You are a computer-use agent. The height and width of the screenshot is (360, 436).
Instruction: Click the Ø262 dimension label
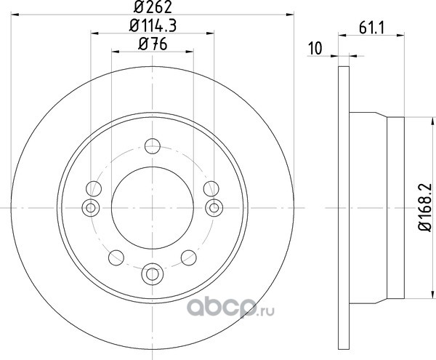[x=153, y=7]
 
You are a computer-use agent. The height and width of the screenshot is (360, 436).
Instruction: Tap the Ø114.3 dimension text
[x=153, y=26]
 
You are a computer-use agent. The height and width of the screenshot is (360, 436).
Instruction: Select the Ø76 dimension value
[x=153, y=44]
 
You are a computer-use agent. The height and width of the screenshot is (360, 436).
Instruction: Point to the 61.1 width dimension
[x=371, y=28]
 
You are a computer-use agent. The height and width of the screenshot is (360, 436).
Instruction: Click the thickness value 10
[x=315, y=48]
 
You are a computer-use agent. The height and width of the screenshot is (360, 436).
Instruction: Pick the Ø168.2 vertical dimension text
[x=425, y=207]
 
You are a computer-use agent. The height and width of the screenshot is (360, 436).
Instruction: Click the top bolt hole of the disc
[x=153, y=145]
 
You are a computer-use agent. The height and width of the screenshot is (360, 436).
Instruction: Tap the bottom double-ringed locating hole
[x=153, y=274]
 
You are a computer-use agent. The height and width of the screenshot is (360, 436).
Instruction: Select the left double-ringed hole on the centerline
[x=91, y=207]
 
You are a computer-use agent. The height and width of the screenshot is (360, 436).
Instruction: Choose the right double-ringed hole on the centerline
[x=214, y=207]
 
